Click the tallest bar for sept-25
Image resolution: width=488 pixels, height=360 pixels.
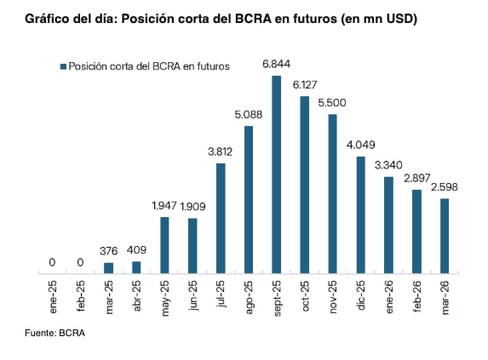point(277,174)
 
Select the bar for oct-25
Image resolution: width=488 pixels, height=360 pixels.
point(305,185)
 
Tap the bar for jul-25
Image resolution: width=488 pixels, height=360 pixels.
point(221,218)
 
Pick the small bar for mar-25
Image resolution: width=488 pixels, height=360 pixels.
point(108,268)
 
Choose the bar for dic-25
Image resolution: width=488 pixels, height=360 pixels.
point(361,214)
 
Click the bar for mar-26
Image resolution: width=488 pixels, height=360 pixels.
point(445,236)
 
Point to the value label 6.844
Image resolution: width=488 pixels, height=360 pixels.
point(277,65)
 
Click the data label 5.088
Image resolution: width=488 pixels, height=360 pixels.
point(249,115)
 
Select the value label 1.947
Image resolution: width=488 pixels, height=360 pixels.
point(164,206)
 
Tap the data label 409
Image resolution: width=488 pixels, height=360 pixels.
point(136,250)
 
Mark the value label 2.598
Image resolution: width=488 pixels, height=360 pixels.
point(445,186)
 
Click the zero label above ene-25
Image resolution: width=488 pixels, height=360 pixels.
point(52,262)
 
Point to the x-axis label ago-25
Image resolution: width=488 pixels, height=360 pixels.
point(249,297)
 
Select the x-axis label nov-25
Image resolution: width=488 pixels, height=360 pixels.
point(333,297)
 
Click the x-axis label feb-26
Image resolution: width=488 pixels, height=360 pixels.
point(416,297)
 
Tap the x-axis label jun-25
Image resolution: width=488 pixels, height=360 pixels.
point(192,297)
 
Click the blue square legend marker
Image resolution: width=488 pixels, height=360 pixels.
point(62,66)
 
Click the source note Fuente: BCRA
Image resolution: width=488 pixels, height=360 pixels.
point(55,333)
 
